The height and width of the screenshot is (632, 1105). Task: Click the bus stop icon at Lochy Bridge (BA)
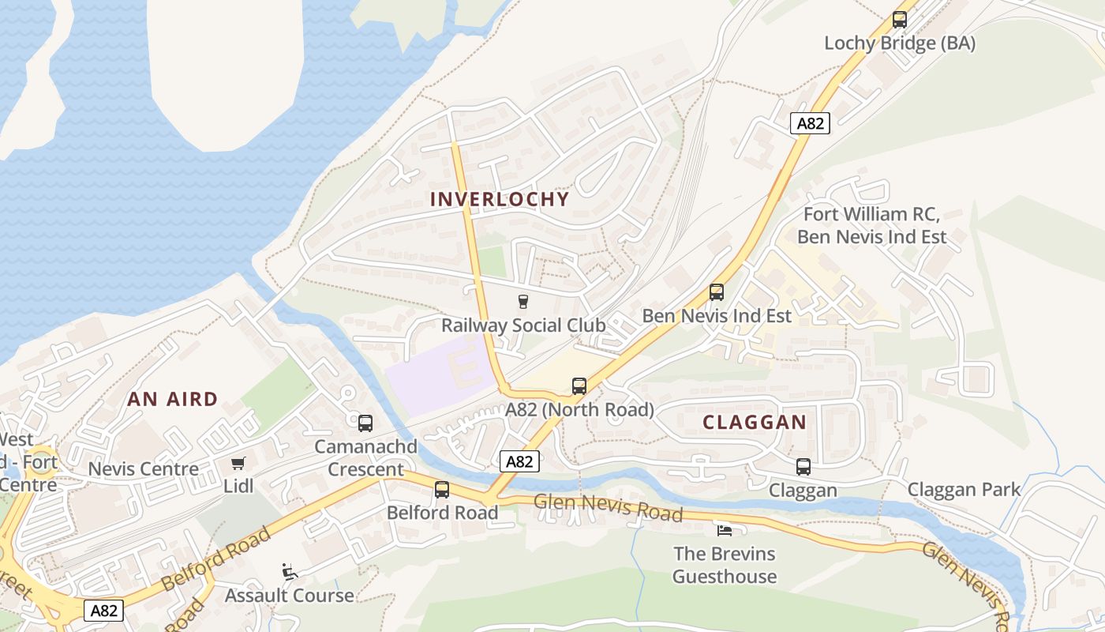point(899,20)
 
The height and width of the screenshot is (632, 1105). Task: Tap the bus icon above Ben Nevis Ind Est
point(716,292)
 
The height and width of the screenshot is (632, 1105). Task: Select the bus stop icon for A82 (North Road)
point(579,386)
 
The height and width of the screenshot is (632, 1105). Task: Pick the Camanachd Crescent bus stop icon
point(365,423)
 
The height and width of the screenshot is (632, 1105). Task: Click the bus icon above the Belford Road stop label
point(442,490)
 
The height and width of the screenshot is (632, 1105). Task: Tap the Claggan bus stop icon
point(803,467)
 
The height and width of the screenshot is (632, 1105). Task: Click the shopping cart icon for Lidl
point(238,463)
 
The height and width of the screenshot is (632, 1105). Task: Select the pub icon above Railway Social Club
point(523,301)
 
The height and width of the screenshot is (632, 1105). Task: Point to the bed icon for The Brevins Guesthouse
point(724,530)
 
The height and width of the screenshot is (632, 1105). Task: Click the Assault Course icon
point(290,571)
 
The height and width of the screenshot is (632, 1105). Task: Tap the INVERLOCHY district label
point(500,199)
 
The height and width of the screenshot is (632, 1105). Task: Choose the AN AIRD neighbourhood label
point(172,399)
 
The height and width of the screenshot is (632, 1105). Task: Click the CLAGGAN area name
point(755,422)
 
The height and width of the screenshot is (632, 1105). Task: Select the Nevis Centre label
point(144,468)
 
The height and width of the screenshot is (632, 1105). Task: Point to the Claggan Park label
point(964,489)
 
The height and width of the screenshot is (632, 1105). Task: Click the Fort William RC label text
point(871,214)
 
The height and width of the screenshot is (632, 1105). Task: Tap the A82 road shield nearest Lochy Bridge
point(811,123)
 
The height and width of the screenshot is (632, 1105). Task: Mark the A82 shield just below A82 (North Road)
point(519,461)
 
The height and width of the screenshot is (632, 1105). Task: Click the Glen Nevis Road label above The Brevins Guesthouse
point(608,507)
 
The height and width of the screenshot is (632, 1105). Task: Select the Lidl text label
point(238,486)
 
